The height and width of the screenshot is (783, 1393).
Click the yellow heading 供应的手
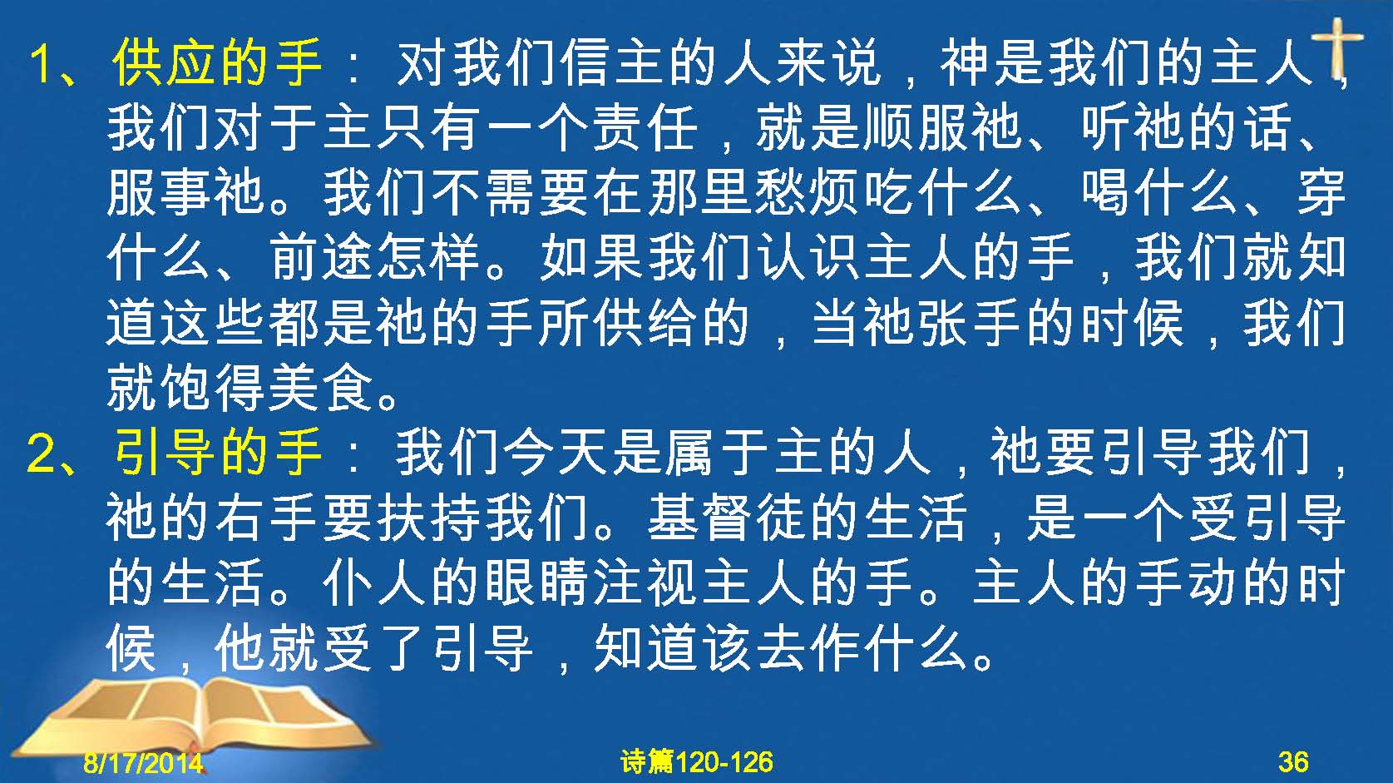tap(217, 62)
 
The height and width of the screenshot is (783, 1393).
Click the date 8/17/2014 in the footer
tap(143, 762)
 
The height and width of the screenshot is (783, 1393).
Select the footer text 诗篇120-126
tap(697, 761)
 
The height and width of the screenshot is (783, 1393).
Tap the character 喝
tap(1106, 192)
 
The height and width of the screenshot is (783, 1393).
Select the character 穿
tap(1322, 192)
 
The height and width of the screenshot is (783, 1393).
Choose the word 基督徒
tap(728, 518)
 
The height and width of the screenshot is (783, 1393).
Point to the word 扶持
tap(429, 518)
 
